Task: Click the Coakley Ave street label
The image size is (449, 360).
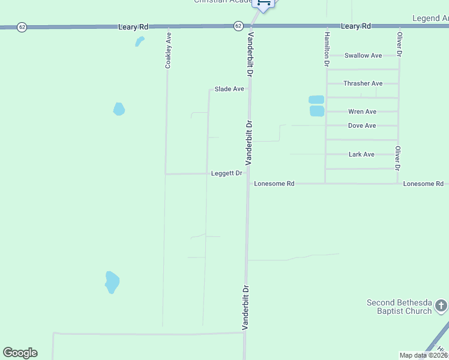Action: pos(169,50)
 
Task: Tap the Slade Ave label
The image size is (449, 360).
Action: pos(229,89)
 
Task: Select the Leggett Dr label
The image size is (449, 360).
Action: pos(226,173)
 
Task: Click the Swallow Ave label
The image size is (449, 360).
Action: pos(363,56)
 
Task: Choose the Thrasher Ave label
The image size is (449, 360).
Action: pos(363,83)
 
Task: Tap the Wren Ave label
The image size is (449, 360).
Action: pos(362,112)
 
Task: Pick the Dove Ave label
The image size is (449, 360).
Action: pos(362,125)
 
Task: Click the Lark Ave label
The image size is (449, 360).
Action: pos(361,154)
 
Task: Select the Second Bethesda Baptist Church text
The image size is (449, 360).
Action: pos(399,307)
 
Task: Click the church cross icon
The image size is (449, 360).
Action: pos(441,307)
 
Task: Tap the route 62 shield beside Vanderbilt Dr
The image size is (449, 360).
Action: pos(238,26)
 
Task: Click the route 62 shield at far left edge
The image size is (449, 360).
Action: pos(22,28)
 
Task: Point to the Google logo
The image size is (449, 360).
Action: pos(20,353)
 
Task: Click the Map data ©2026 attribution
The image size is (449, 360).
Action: pos(423,355)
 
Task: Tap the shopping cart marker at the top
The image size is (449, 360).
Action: pos(263,4)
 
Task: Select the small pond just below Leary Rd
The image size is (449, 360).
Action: pos(139,42)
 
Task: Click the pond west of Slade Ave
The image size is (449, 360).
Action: pos(119,109)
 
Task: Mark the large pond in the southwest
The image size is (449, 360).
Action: pos(112,282)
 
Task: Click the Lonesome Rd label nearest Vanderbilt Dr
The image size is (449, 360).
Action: pos(274,184)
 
